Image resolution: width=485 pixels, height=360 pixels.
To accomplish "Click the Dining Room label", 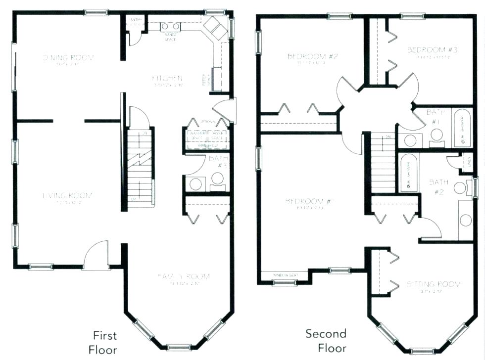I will click(68, 58).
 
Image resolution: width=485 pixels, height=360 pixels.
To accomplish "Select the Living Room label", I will click(68, 195).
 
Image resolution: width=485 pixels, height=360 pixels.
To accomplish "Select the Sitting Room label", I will click(434, 284).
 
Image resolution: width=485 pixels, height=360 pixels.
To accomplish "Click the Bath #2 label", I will click(438, 187).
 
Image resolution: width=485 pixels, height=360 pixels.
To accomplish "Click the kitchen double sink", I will click(170, 26).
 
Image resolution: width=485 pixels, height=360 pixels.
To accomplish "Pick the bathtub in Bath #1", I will click(463, 127).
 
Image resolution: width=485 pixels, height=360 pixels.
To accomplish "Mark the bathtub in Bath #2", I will click(409, 173).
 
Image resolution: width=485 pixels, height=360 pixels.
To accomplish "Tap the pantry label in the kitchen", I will click(135, 20).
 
